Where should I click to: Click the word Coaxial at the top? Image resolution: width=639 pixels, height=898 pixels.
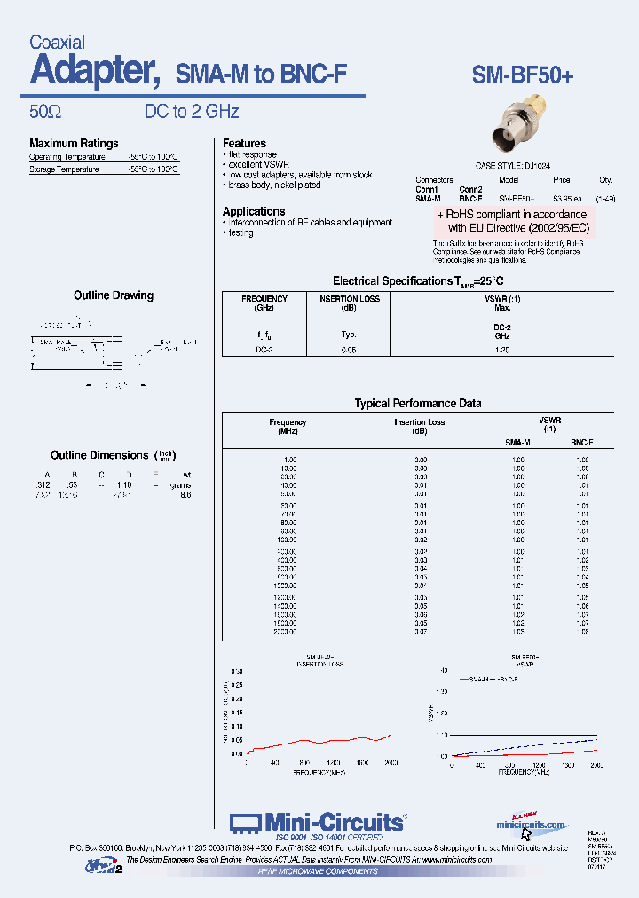pyautogui.click(x=57, y=42)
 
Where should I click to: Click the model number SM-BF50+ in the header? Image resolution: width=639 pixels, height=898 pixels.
pyautogui.click(x=523, y=76)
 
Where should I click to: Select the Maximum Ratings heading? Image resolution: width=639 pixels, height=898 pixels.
pyautogui.click(x=74, y=144)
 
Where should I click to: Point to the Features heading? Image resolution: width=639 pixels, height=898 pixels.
pyautogui.click(x=244, y=143)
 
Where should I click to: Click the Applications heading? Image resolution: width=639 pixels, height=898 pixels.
pyautogui.click(x=254, y=211)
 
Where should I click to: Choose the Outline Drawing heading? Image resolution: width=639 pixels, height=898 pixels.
pyautogui.click(x=113, y=295)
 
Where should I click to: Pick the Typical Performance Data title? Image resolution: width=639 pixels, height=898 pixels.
pyautogui.click(x=418, y=404)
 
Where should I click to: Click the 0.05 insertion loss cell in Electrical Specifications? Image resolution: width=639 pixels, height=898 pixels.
pyautogui.click(x=349, y=350)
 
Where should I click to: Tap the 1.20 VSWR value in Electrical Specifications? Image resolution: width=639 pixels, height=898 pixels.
pyautogui.click(x=501, y=350)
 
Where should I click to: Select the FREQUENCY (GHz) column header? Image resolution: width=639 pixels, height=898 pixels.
pyautogui.click(x=264, y=303)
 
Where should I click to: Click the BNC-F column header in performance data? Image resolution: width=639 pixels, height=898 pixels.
pyautogui.click(x=581, y=441)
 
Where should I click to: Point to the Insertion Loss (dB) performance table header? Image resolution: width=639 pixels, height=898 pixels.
pyautogui.click(x=420, y=427)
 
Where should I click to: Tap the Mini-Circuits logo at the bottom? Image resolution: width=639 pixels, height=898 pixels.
pyautogui.click(x=317, y=823)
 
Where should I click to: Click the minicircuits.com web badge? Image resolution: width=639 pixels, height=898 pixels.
pyautogui.click(x=531, y=824)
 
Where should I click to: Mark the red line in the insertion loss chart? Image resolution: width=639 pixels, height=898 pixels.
pyautogui.click(x=319, y=741)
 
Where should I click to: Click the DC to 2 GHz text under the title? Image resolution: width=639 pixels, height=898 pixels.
pyautogui.click(x=192, y=112)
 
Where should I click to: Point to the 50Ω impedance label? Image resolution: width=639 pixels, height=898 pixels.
pyautogui.click(x=44, y=112)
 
